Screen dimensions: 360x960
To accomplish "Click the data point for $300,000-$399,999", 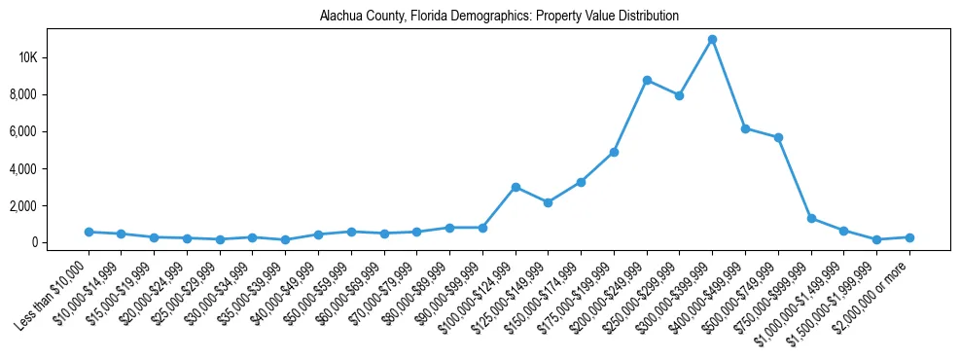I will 712,39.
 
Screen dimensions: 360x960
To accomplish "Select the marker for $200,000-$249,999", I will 647,80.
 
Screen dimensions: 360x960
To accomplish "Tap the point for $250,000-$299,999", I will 679,95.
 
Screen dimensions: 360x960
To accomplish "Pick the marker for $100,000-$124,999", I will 516,187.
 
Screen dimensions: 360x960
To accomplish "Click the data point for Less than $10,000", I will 89,232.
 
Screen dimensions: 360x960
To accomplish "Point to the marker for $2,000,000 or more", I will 909,237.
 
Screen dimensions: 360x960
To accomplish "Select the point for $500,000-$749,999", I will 778,137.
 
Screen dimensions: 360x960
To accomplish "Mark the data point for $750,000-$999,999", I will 811,218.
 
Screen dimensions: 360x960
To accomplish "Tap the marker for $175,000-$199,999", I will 614,152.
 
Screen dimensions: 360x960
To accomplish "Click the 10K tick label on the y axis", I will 27,57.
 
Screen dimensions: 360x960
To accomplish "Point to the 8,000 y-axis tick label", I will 23,94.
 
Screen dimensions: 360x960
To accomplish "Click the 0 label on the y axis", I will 34,242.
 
